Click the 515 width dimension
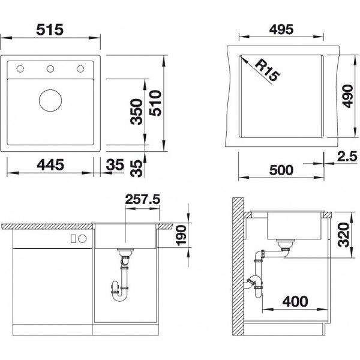click(50, 29)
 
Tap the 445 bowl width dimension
click(50, 165)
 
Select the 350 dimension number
click(136, 112)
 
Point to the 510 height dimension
click(155, 103)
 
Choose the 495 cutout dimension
click(281, 29)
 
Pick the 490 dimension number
click(347, 96)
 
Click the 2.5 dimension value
click(347, 157)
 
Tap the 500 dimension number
click(281, 170)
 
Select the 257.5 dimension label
click(143, 199)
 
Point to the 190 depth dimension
click(181, 236)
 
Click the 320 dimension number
click(344, 235)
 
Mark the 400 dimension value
click(295, 301)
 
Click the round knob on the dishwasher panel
click(82, 239)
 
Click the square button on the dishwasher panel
click(73, 239)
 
